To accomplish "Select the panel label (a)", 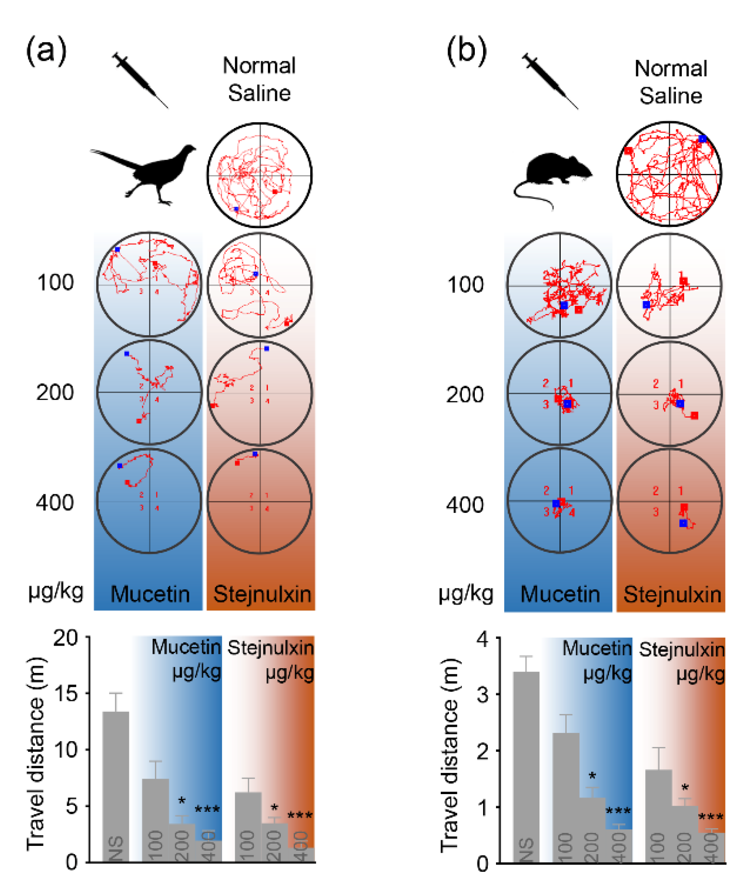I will pyautogui.click(x=46, y=50).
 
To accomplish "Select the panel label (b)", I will pyautogui.click(x=466, y=50).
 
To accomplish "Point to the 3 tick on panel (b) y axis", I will pyautogui.click(x=483, y=694).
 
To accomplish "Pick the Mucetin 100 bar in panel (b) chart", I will pyautogui.click(x=565, y=798).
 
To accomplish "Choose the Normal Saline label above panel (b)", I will pyautogui.click(x=670, y=82).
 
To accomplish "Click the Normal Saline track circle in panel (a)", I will pyautogui.click(x=260, y=175).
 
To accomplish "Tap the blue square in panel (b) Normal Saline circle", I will pyautogui.click(x=702, y=139).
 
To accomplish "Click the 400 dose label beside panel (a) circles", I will pyautogui.click(x=55, y=503).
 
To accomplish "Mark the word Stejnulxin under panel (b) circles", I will pyautogui.click(x=672, y=594).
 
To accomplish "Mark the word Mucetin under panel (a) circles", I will pyautogui.click(x=150, y=594).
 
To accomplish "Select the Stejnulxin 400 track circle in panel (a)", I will pyautogui.click(x=260, y=501).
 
